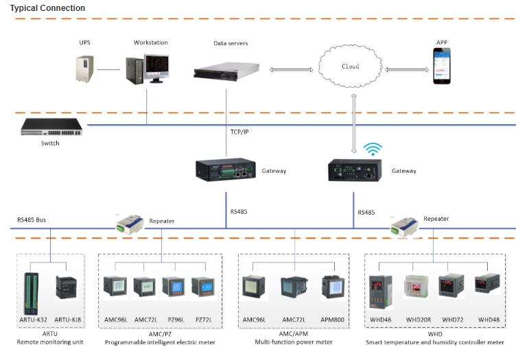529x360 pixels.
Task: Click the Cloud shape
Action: click(x=350, y=67)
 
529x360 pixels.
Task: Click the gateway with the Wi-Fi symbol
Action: click(x=355, y=169)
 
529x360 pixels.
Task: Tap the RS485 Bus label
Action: click(x=33, y=221)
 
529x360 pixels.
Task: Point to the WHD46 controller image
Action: click(x=381, y=291)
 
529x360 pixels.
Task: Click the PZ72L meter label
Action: click(x=203, y=320)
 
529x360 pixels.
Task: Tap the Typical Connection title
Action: click(x=48, y=8)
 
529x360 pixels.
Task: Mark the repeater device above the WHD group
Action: click(x=403, y=224)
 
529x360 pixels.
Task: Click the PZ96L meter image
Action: click(x=174, y=287)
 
